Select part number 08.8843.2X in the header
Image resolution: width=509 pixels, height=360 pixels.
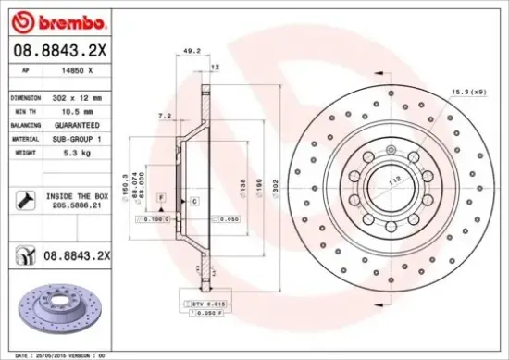(60, 50)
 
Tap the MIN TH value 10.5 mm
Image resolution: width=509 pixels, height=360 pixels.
(75, 109)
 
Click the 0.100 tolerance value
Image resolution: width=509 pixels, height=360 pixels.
(155, 220)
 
